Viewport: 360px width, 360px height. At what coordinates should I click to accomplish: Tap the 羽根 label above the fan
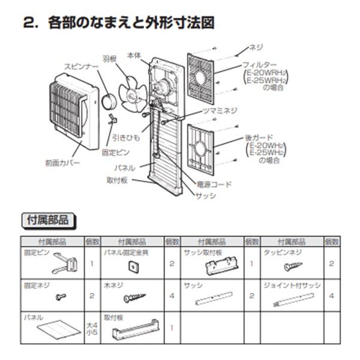coord(110,60)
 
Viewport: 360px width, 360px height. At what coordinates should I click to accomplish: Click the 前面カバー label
coord(62,163)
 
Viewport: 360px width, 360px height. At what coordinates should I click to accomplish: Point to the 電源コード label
coord(214,184)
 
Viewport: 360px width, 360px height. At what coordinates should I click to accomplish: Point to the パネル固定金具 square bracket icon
coord(130,266)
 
